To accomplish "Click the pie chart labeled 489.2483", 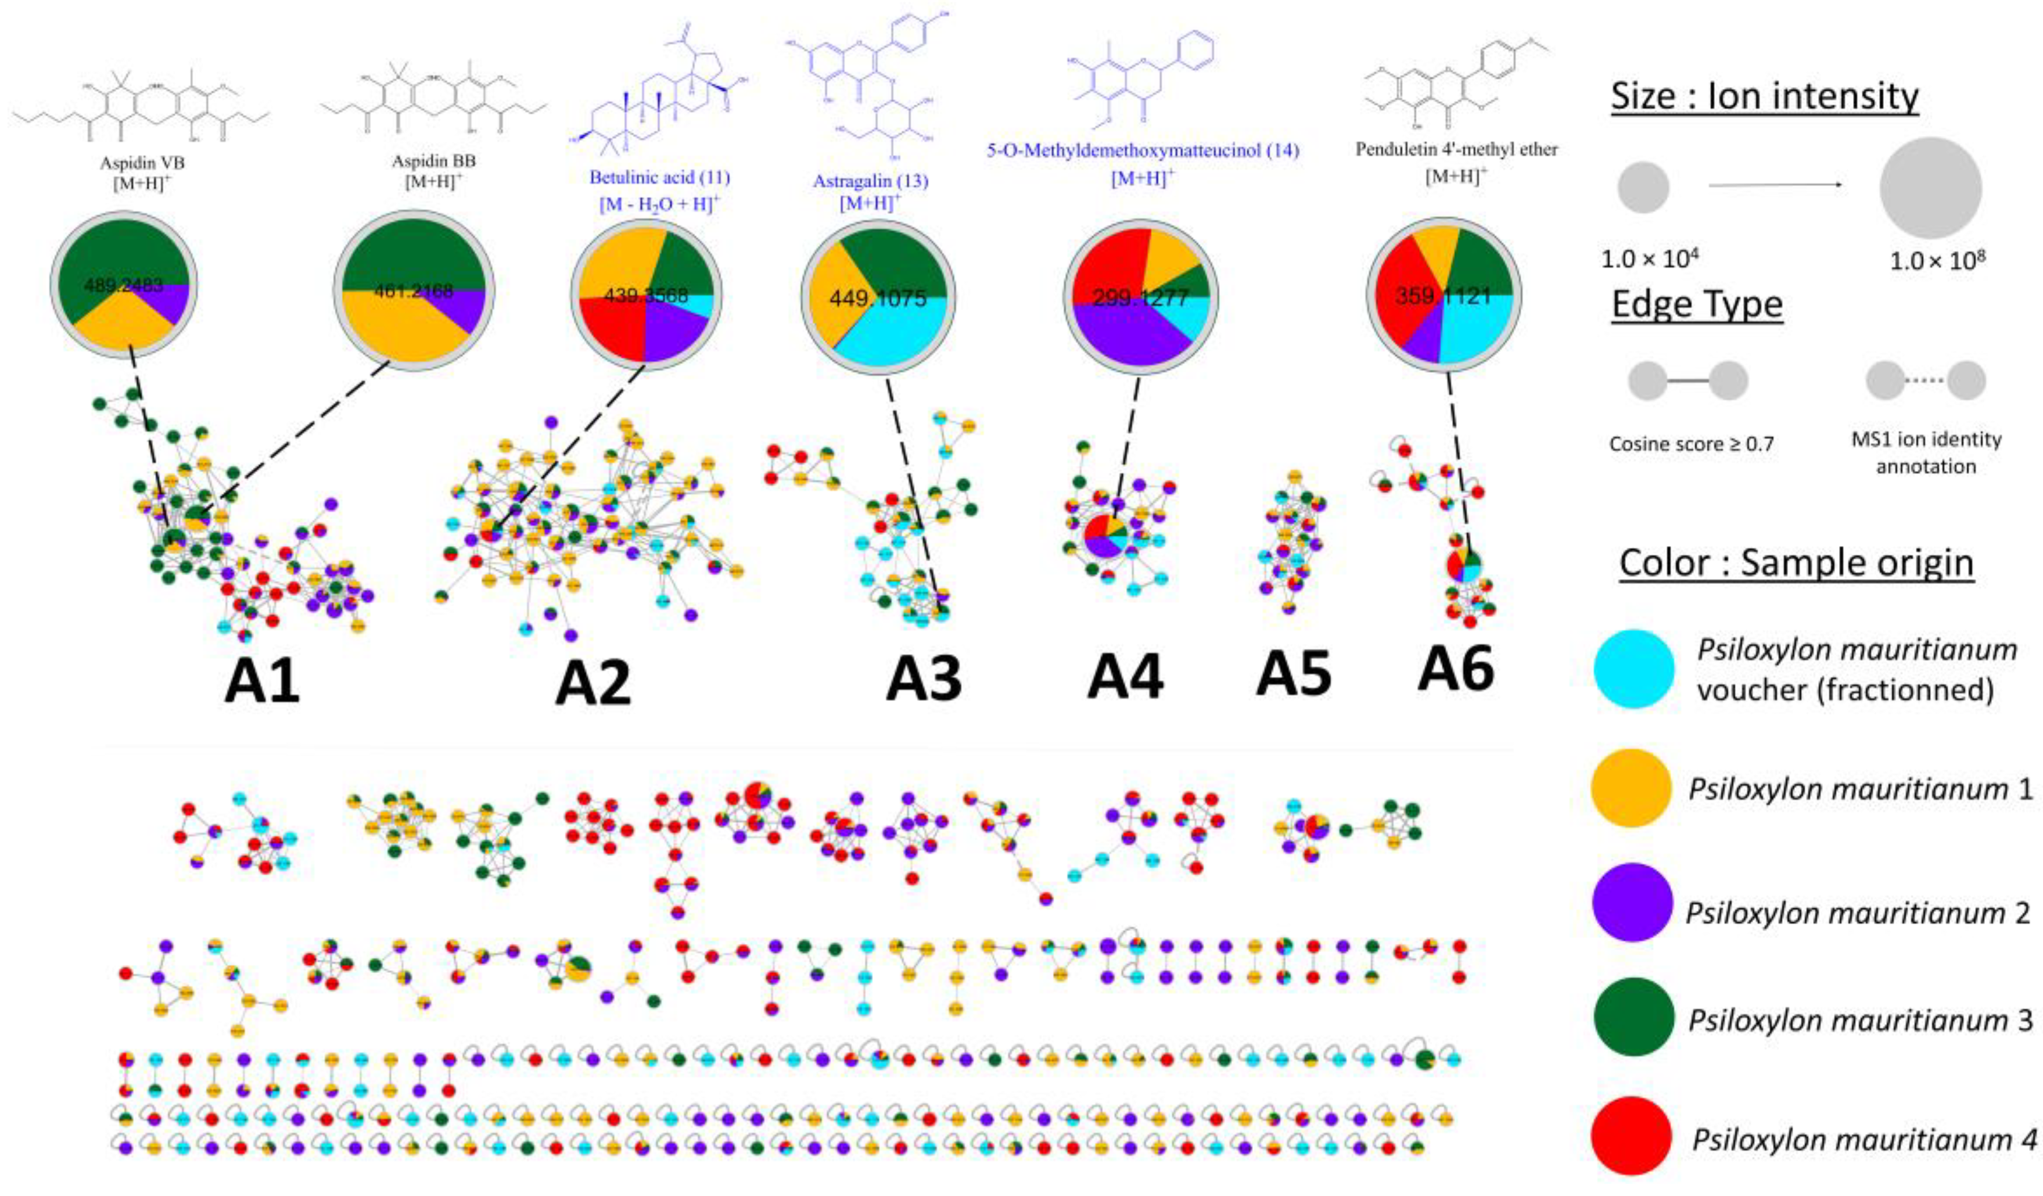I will pyautogui.click(x=124, y=284).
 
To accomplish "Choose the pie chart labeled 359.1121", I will pyautogui.click(x=1443, y=295).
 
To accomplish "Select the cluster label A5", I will pyautogui.click(x=1293, y=673).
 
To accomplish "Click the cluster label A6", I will pyautogui.click(x=1456, y=669).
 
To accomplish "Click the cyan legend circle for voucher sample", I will pyautogui.click(x=1633, y=669).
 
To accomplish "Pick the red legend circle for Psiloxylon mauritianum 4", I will pyautogui.click(x=1631, y=1139).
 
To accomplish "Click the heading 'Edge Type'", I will pyautogui.click(x=1697, y=304).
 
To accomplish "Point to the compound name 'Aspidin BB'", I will pyautogui.click(x=434, y=161).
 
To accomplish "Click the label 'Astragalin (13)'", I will pyautogui.click(x=870, y=181).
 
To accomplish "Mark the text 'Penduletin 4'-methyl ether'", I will pyautogui.click(x=1457, y=149).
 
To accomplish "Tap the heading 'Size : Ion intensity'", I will pyautogui.click(x=1764, y=96).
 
